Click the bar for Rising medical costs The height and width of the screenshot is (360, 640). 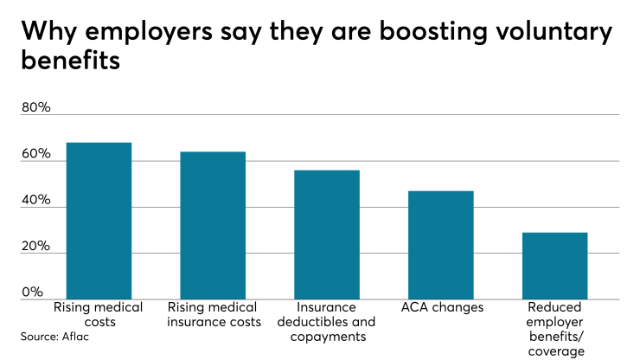coord(99,221)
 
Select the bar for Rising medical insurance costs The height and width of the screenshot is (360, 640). coord(213,225)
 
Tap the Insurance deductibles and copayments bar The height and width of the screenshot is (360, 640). coord(326,235)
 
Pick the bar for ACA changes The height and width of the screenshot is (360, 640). coord(440,245)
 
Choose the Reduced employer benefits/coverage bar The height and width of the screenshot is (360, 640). coord(554,266)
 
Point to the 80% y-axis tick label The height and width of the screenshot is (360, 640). coord(35,107)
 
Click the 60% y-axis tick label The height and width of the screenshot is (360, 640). coord(35,153)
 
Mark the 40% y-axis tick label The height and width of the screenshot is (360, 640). coord(35,199)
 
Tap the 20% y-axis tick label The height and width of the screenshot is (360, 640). coord(35,246)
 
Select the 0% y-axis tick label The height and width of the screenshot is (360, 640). coord(32,292)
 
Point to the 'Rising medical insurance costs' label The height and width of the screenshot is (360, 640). coord(214,315)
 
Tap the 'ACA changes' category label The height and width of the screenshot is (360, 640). coord(441,307)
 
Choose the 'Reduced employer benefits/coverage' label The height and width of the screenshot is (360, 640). coord(554,329)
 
